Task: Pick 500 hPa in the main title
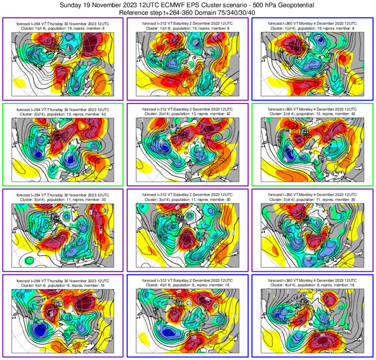coord(254,5)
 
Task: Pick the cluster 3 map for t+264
coord(63,235)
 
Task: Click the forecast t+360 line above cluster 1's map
coord(313,23)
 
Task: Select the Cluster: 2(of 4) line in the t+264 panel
coord(63,113)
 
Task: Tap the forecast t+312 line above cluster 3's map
coord(188,194)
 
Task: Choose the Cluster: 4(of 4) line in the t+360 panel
coord(313,284)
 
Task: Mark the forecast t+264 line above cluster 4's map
coord(63,280)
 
